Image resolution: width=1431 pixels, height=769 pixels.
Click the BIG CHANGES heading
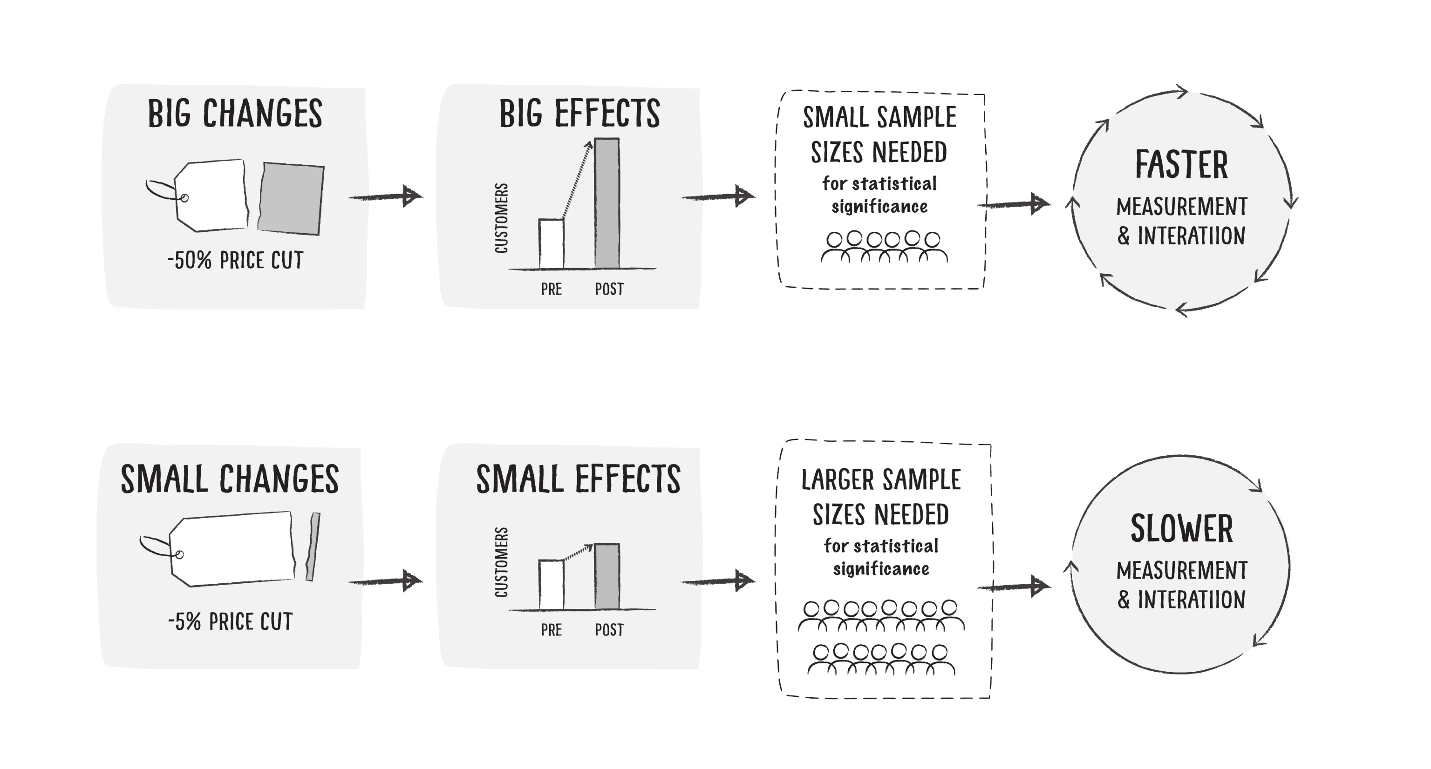pos(235,114)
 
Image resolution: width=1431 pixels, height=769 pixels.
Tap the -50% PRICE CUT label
pos(236,260)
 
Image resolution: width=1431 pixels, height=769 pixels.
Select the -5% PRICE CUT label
pos(231,622)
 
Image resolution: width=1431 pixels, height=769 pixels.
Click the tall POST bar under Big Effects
pos(606,203)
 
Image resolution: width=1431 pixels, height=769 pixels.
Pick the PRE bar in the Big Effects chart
pos(551,244)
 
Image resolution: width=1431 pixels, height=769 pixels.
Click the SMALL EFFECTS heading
pos(578,479)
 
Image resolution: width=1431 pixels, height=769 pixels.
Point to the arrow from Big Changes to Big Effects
pos(386,196)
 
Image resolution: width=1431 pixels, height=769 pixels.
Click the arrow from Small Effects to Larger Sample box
pos(718,581)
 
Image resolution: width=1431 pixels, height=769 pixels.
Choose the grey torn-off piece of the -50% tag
pos(291,198)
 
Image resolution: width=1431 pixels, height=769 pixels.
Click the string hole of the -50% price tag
pos(185,198)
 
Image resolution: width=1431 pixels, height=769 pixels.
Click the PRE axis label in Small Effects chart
pos(551,630)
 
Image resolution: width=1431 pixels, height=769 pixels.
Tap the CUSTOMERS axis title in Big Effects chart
pos(501,218)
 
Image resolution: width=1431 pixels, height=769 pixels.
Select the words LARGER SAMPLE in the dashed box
pos(880,480)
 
